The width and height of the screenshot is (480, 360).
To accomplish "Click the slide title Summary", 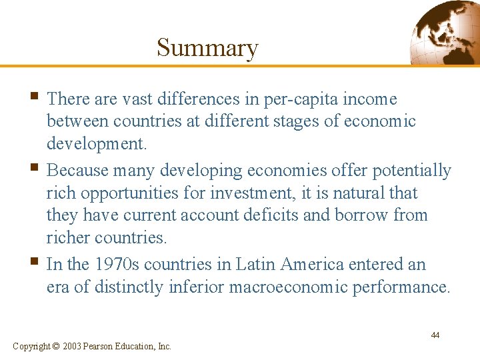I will (207, 48).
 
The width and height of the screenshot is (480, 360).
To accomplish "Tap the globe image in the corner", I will (445, 33).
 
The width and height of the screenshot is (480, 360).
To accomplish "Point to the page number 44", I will (435, 335).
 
